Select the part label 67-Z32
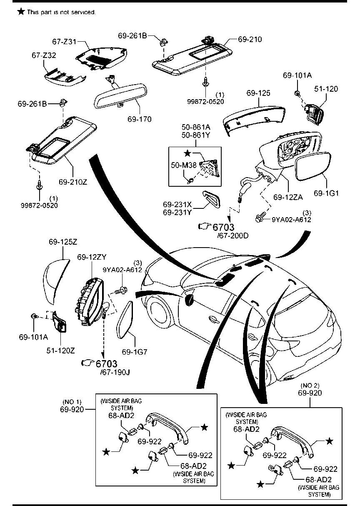44,55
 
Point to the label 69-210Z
72,182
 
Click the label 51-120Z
60,350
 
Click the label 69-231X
177,205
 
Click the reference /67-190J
115,372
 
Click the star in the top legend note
21,12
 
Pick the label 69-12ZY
92,257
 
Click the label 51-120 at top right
326,89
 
